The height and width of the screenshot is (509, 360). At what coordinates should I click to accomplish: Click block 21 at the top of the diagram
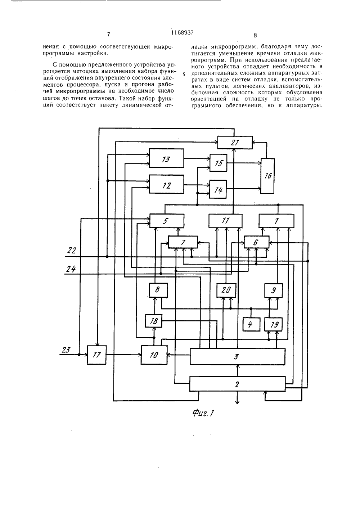click(235, 143)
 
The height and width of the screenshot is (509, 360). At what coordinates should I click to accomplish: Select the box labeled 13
click(166, 158)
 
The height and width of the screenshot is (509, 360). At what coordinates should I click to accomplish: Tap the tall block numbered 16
click(267, 176)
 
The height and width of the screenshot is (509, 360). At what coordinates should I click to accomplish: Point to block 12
click(166, 184)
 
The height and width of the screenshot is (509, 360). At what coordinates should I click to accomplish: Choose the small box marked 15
click(218, 163)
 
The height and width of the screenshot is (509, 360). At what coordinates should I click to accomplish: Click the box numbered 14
click(218, 189)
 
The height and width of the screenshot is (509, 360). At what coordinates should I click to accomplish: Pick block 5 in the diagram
click(167, 221)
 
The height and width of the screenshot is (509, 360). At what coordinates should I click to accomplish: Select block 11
click(225, 221)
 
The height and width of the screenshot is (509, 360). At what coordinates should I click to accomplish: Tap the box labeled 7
click(183, 242)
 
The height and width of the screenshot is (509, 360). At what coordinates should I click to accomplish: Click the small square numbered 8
click(158, 290)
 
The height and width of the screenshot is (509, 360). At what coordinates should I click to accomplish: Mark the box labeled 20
click(226, 290)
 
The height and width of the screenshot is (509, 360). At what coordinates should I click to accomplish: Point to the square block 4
click(251, 324)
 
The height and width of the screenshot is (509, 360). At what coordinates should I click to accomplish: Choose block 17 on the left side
click(96, 355)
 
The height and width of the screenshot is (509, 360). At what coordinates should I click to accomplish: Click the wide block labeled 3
click(238, 356)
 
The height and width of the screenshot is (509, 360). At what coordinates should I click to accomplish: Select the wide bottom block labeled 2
click(238, 384)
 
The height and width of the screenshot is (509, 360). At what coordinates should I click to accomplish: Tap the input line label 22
click(72, 251)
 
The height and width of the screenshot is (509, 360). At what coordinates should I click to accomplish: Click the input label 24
click(71, 269)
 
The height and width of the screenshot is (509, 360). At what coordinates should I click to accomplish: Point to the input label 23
click(66, 350)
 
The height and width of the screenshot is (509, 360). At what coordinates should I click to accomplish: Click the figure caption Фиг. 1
click(203, 413)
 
